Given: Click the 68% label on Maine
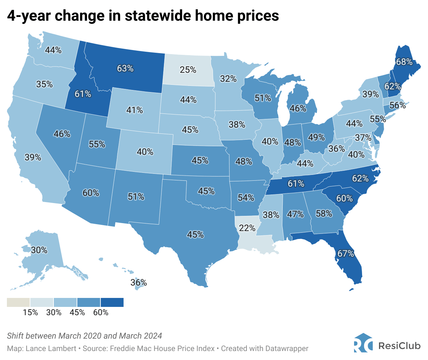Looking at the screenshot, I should pyautogui.click(x=404, y=62).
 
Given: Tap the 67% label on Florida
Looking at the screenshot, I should pyautogui.click(x=346, y=254).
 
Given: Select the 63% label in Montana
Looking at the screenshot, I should pyautogui.click(x=125, y=68).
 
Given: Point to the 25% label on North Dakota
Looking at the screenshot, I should pyautogui.click(x=188, y=70).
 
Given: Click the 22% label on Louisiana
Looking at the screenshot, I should pyautogui.click(x=247, y=228).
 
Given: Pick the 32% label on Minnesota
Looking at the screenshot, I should pyautogui.click(x=228, y=79).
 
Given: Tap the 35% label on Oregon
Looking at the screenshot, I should pyautogui.click(x=45, y=84).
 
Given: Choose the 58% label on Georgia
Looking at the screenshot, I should pyautogui.click(x=324, y=214).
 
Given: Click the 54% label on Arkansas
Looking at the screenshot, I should pyautogui.click(x=246, y=198).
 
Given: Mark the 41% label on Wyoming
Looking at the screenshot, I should pyautogui.click(x=135, y=110).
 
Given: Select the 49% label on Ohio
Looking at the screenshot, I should pyautogui.click(x=317, y=138).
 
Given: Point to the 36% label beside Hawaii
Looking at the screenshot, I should pyautogui.click(x=139, y=283).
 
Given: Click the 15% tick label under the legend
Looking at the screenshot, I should pyautogui.click(x=30, y=312).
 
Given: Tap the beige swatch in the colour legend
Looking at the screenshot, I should pyautogui.click(x=18, y=302).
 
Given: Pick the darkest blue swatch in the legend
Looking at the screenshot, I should pyautogui.click(x=112, y=302).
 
